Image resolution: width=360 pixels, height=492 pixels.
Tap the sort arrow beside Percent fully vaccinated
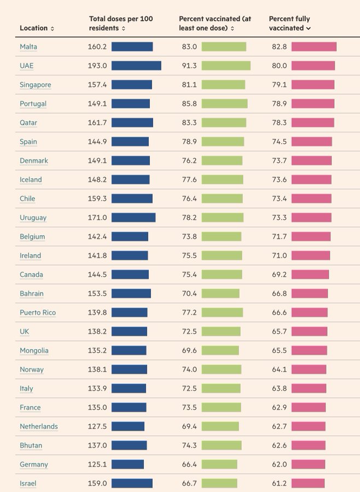309,28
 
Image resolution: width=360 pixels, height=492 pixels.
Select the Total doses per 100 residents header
121,23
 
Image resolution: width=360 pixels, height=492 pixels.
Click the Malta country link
28,47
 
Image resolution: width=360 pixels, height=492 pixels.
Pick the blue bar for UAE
136,66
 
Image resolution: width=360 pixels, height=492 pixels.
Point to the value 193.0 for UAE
97,66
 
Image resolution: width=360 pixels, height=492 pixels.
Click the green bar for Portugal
224,104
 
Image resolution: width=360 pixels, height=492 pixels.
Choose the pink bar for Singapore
313,85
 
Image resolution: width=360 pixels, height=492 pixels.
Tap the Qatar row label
28,123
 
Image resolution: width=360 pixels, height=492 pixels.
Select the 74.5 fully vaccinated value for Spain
279,142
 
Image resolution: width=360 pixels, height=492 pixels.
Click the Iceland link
31,180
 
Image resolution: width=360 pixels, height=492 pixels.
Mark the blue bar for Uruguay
133,218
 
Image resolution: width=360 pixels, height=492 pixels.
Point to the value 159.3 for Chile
97,198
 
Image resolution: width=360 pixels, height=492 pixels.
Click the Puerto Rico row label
38,313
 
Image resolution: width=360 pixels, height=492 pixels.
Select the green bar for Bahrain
220,294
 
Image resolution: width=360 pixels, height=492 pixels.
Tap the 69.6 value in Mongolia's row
189,350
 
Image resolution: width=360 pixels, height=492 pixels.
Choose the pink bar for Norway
309,370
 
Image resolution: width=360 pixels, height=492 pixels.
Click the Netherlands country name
38,426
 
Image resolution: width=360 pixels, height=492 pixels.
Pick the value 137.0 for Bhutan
97,446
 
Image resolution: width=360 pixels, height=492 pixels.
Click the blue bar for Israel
132,483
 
